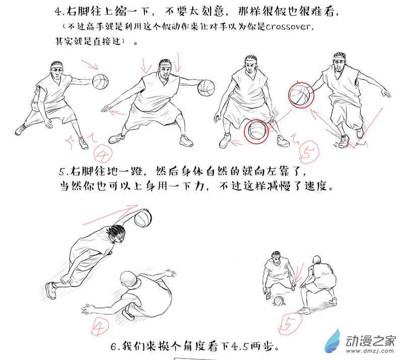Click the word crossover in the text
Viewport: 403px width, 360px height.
288,27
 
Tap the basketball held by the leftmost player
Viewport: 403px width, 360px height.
100,82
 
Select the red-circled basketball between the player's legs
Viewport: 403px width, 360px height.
256,131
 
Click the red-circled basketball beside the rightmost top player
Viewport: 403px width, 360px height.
301,95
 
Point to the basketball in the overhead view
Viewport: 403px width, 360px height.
143,219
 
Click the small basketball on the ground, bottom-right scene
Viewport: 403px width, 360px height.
279,301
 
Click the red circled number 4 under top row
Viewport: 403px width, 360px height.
104,154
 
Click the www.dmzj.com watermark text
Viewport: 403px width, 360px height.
370,350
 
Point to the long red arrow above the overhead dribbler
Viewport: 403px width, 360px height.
110,215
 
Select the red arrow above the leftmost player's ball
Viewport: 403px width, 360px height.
90,65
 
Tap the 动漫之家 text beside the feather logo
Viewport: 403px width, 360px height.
370,340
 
